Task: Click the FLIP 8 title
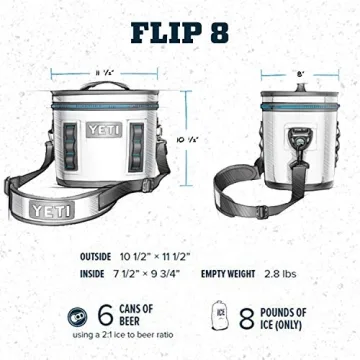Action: coord(180,33)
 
